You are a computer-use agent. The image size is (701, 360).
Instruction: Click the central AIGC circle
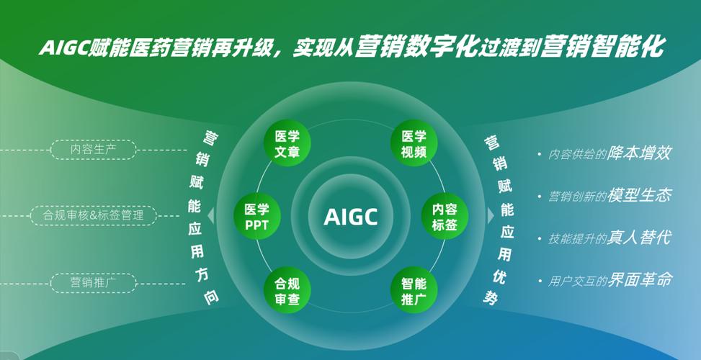(x=350, y=216)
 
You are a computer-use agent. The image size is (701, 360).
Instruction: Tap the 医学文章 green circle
(x=287, y=143)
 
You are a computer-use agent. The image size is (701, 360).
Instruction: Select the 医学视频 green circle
(x=414, y=143)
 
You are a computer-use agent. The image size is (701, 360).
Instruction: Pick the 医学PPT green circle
(x=257, y=216)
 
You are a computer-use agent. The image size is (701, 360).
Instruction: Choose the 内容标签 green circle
(x=445, y=216)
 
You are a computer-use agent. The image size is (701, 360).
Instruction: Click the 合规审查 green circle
(x=287, y=290)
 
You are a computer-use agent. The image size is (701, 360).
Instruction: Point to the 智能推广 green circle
(x=414, y=290)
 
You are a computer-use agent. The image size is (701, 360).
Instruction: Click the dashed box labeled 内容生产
(x=94, y=150)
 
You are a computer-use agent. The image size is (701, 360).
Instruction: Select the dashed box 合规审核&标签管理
(x=94, y=215)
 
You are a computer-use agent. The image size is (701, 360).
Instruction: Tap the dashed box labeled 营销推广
(x=94, y=283)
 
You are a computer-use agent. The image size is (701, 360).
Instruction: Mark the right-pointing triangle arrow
(x=491, y=216)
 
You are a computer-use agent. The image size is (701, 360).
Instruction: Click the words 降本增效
(x=639, y=153)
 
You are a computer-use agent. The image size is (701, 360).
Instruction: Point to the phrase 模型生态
(x=639, y=194)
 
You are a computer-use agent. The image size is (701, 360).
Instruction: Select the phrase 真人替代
(x=639, y=237)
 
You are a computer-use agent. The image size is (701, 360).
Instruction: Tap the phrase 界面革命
(x=639, y=279)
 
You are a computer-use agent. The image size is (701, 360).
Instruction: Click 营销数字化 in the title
(x=416, y=47)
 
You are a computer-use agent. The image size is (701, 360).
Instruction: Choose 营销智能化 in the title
(x=602, y=47)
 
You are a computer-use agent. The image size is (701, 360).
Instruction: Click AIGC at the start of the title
(x=63, y=48)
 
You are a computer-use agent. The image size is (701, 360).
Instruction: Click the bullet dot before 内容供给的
(x=540, y=155)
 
